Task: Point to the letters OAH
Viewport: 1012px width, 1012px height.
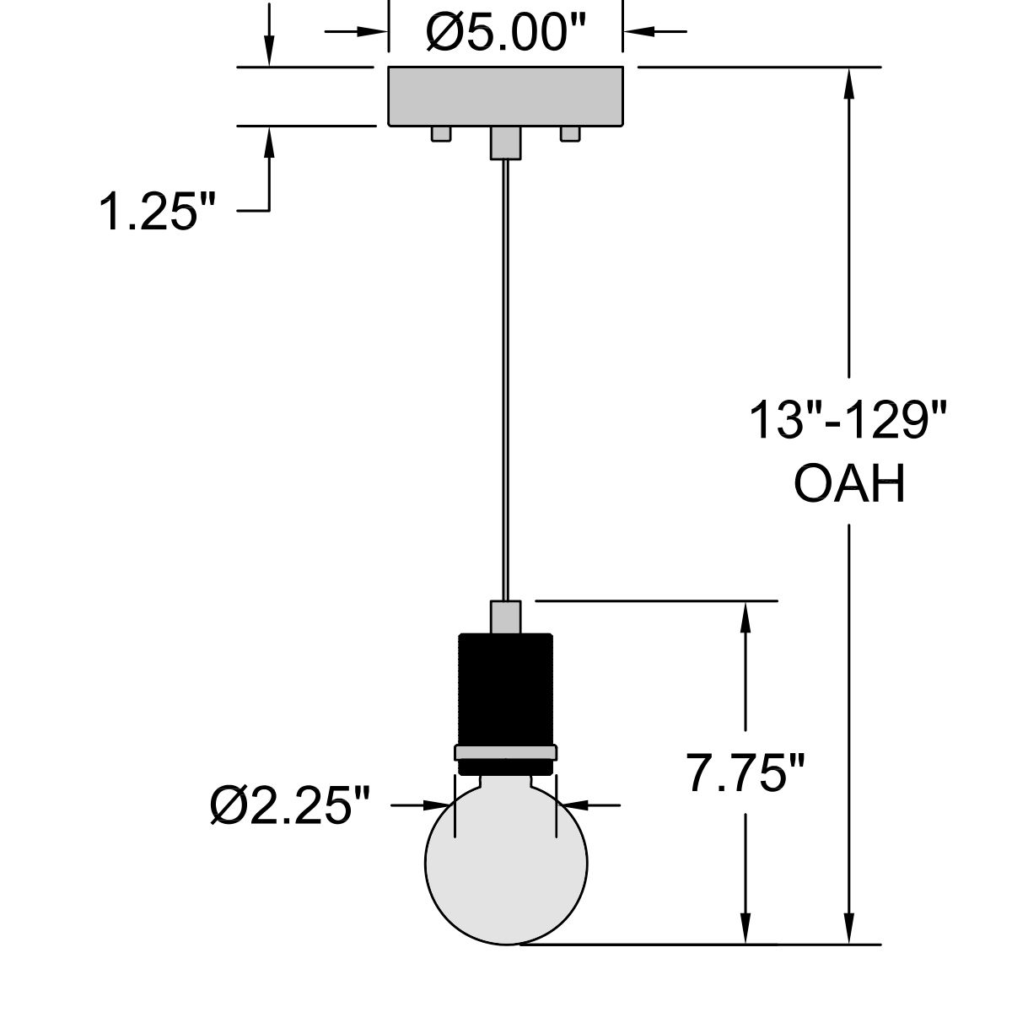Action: coord(849,484)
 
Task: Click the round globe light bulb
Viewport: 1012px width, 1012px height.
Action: coord(505,869)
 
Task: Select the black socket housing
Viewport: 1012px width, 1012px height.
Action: coord(505,687)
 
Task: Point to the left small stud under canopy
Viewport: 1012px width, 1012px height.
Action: coord(440,134)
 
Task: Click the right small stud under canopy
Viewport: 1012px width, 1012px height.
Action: coord(570,134)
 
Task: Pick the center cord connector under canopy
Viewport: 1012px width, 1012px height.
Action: coord(505,142)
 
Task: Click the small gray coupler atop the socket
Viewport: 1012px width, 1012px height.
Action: coord(505,616)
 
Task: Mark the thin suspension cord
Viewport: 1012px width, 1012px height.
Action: coord(505,379)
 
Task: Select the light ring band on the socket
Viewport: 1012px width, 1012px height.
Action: coord(505,752)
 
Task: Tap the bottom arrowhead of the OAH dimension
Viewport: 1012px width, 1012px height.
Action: coord(849,930)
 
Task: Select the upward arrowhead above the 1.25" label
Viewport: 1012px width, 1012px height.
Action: coord(269,142)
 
